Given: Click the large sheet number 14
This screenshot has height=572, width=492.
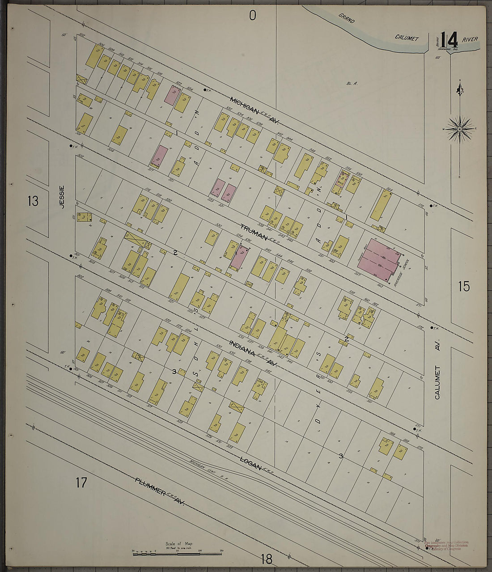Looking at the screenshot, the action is click(x=449, y=40).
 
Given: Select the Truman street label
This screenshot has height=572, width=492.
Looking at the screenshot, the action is click(x=254, y=232).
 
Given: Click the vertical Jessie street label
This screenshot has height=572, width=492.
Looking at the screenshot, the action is click(x=62, y=197).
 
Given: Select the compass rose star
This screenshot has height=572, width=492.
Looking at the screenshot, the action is click(x=459, y=129).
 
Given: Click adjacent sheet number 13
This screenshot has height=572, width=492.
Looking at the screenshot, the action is click(x=32, y=201).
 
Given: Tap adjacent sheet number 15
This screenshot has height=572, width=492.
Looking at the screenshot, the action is click(x=464, y=286).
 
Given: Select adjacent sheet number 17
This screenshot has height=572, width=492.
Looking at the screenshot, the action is click(x=81, y=483).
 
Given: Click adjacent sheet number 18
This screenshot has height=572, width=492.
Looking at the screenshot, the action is click(x=266, y=559).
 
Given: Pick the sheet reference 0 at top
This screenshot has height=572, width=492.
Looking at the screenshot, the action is click(x=253, y=16).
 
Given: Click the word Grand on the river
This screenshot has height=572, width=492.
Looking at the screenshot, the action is click(x=346, y=18).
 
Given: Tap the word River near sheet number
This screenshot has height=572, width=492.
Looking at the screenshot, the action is click(x=470, y=39).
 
